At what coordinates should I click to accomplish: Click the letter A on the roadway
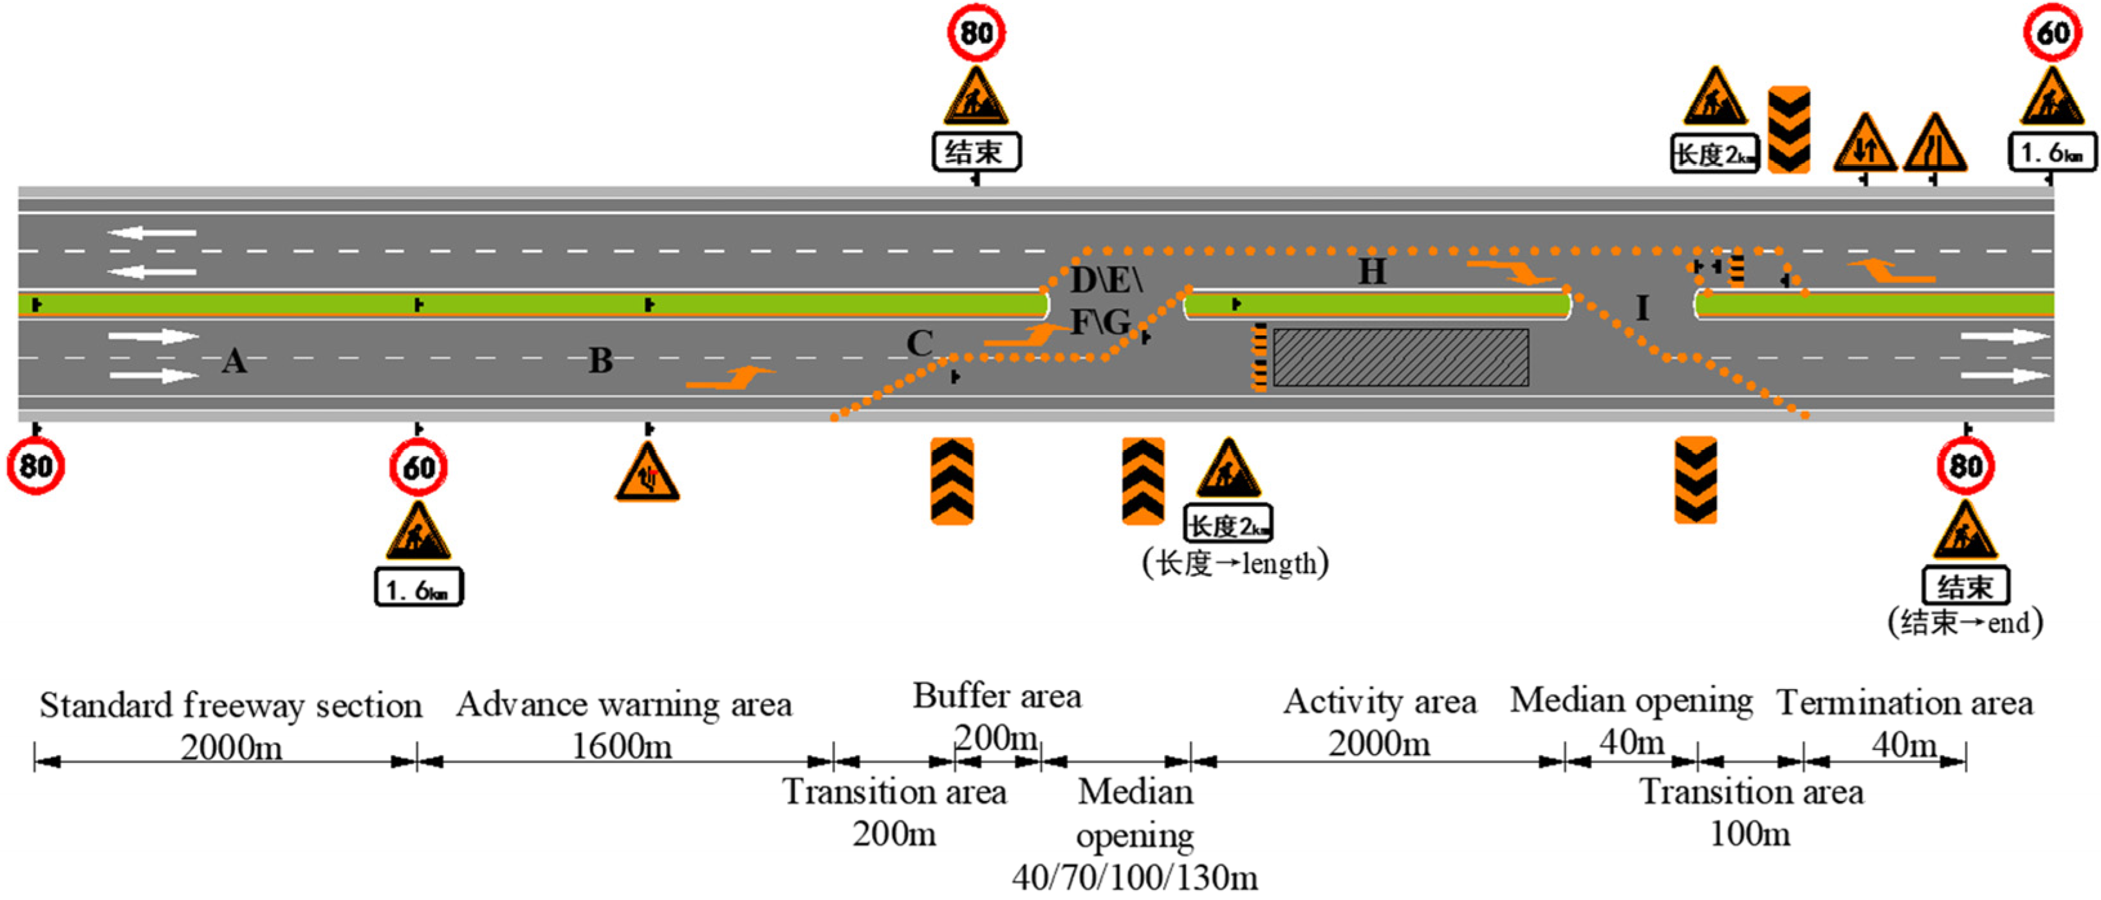click(x=234, y=360)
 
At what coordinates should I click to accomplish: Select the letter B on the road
click(x=600, y=360)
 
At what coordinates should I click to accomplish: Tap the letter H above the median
click(x=1372, y=271)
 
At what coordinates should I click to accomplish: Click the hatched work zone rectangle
click(x=1400, y=357)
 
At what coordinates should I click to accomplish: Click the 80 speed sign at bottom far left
click(x=36, y=466)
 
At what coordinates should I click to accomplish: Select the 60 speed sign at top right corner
click(x=2053, y=33)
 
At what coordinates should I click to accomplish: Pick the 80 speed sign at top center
click(x=976, y=33)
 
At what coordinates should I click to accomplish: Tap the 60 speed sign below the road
click(x=418, y=468)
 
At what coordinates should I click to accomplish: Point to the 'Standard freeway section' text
click(x=231, y=706)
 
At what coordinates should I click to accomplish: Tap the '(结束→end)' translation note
click(x=1966, y=623)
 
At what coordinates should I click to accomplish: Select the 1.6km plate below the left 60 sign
click(x=418, y=588)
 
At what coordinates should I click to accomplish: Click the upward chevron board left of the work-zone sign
click(x=1143, y=481)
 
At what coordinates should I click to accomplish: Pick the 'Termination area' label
click(x=1905, y=703)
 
